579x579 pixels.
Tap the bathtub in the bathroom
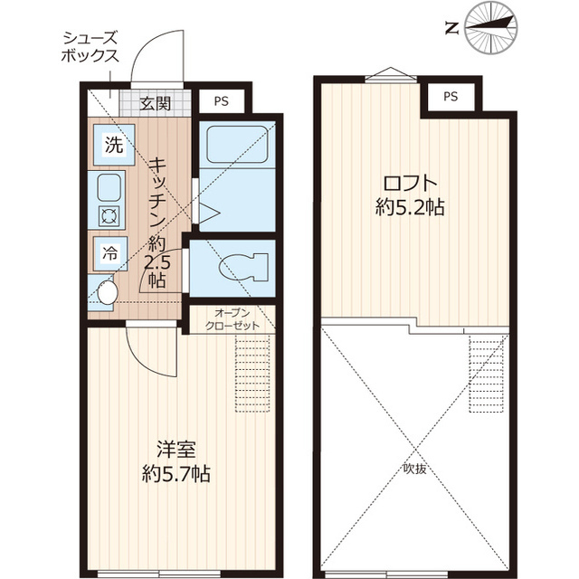point(237,145)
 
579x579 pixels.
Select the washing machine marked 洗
point(114,145)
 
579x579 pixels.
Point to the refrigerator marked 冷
point(110,254)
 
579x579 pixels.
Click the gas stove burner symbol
point(109,216)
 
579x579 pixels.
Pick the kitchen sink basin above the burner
point(109,187)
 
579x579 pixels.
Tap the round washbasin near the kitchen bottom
point(108,292)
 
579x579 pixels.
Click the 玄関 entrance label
point(156,104)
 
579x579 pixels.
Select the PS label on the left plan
point(221,101)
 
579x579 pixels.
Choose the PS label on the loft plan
point(451,97)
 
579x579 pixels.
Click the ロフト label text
point(410,183)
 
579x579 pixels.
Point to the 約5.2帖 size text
point(410,207)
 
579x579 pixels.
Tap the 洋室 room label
point(176,450)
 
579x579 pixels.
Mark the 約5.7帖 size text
point(176,473)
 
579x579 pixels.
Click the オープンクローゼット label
point(233,319)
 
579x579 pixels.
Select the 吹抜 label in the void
point(414,469)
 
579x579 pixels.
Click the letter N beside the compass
point(451,28)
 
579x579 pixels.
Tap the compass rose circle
point(490,28)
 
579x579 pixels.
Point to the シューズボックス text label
point(90,46)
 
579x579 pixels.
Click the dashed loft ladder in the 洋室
point(252,374)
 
